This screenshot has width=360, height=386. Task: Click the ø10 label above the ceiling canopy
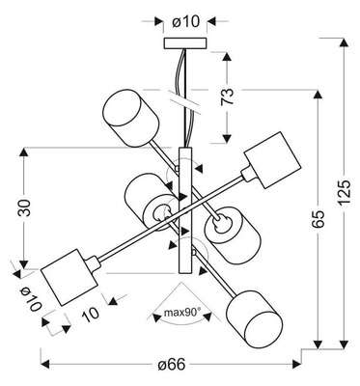[185, 18]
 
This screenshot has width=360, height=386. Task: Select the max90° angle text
[180, 313]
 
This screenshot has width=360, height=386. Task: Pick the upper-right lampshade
[267, 159]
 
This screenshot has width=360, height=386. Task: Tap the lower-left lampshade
[69, 274]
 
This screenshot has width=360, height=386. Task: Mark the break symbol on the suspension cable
[185, 97]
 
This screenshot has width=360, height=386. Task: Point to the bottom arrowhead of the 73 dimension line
[227, 138]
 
